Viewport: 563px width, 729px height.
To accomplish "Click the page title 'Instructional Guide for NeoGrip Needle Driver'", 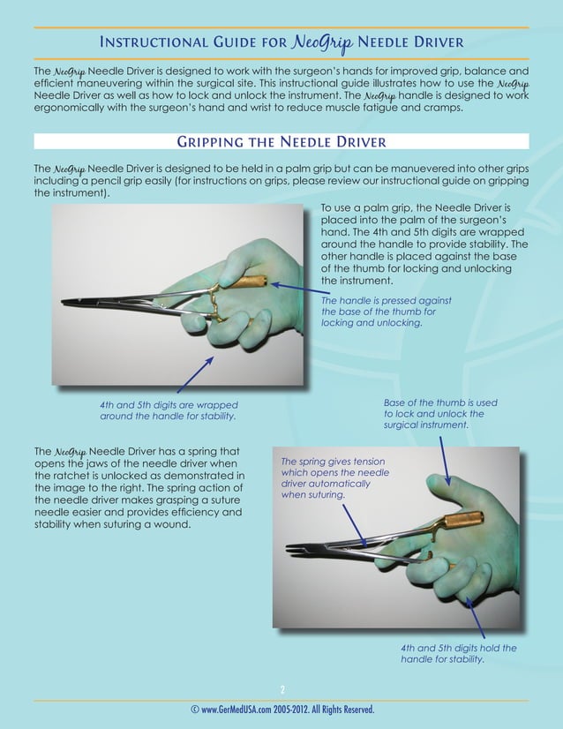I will [281, 42].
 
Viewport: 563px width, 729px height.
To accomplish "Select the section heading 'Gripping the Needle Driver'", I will [281, 142].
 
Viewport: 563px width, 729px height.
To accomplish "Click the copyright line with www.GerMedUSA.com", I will [281, 710].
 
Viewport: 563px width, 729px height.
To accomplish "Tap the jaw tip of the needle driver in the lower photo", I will [291, 550].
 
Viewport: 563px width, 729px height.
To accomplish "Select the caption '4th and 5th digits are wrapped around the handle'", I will [168, 410].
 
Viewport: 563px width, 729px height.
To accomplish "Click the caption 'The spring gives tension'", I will [331, 477].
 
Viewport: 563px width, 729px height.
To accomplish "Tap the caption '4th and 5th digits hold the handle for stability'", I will [458, 653].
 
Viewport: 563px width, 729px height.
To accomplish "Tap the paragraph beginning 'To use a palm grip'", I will [424, 243].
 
